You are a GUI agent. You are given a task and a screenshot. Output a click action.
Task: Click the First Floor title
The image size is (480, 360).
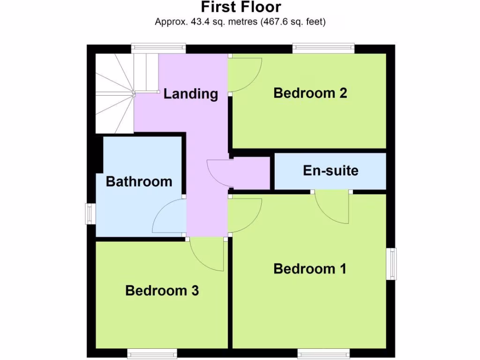tap(241, 7)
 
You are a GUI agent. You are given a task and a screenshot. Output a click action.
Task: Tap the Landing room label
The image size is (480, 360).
tap(191, 94)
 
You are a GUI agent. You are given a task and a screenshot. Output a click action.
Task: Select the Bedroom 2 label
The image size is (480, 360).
tap(310, 93)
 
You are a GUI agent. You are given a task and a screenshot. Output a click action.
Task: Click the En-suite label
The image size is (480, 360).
tap(330, 170)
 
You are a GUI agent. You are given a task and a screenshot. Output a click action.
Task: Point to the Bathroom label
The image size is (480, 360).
tap(139, 181)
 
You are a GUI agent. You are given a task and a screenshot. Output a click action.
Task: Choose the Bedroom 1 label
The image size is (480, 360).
tap(310, 269)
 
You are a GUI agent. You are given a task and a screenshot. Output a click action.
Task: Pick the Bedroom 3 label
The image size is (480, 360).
tap(162, 291)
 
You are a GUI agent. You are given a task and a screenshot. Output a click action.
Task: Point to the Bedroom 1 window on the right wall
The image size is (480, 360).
tap(391, 264)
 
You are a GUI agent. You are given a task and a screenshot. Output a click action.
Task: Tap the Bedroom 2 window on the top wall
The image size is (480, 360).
tap(323, 48)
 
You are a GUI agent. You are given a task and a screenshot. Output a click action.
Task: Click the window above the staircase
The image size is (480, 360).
tap(158, 48)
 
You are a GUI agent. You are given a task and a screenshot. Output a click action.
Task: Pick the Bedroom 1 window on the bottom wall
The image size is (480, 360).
tap(323, 353)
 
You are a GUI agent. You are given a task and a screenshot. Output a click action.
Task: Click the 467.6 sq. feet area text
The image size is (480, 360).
tap(293, 22)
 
